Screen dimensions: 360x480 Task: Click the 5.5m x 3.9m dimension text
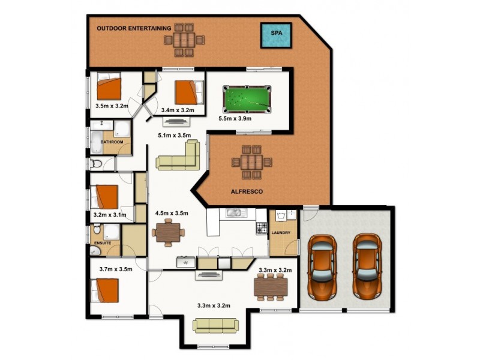[235, 119]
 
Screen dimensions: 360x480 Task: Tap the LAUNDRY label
[281, 233]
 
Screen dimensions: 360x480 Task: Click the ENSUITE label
[103, 243]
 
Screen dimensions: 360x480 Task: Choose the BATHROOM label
[112, 142]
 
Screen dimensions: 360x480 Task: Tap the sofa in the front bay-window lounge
[215, 325]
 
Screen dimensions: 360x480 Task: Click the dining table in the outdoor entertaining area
[184, 40]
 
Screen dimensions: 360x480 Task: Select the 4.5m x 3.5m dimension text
[172, 212]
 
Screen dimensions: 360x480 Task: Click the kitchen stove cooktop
[262, 228]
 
